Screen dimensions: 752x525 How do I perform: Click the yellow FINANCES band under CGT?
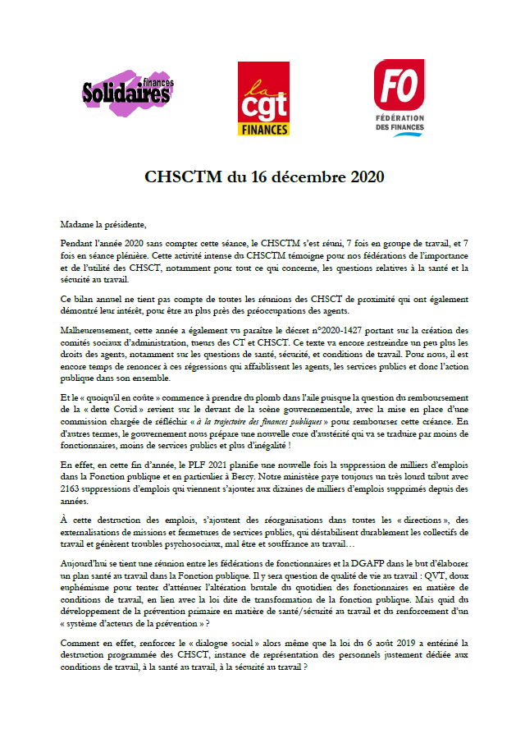click(262, 129)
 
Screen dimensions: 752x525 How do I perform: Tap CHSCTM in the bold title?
click(177, 177)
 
